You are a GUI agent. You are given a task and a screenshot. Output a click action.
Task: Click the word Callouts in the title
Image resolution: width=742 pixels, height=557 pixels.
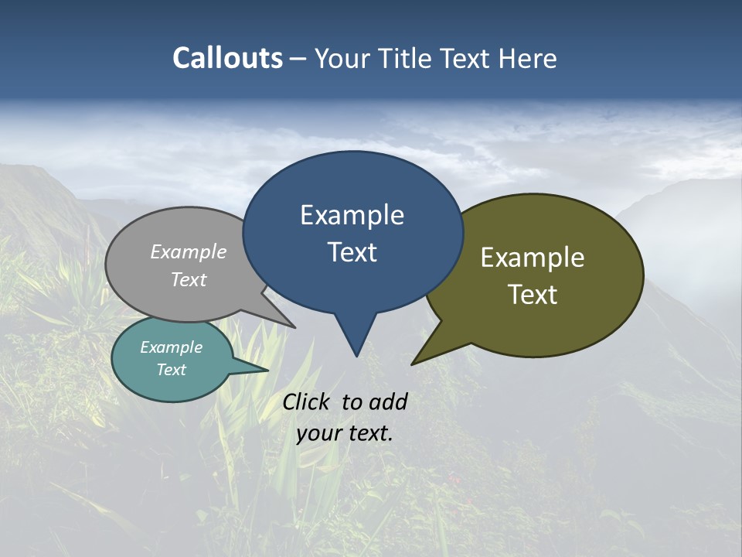[x=227, y=58]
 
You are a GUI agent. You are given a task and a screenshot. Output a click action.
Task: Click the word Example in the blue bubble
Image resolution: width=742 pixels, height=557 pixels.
[x=352, y=215]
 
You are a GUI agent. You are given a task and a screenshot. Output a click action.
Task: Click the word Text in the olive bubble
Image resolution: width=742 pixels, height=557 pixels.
[x=533, y=295]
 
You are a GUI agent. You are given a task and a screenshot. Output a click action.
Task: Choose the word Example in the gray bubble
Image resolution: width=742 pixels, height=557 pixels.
[x=189, y=252]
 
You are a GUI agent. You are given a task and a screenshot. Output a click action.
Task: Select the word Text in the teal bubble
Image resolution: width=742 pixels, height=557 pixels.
[x=172, y=370]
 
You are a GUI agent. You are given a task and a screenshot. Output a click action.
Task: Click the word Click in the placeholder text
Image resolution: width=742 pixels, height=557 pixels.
[x=307, y=402]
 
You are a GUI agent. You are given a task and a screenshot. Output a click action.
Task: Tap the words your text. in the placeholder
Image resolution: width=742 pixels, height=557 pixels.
[x=345, y=433]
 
